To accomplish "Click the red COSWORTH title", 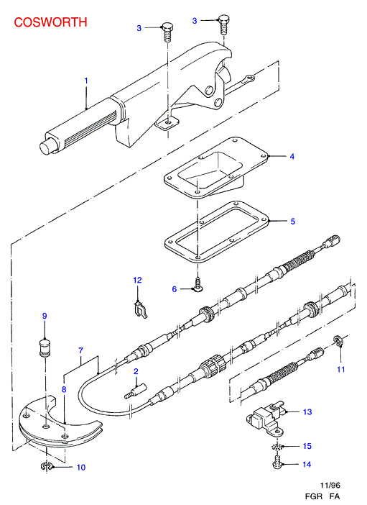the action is (x=50, y=22).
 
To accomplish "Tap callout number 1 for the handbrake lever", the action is (x=86, y=81).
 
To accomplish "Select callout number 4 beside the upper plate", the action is (x=292, y=157).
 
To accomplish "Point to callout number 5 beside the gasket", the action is (x=293, y=222).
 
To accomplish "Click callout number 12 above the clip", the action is (x=137, y=281).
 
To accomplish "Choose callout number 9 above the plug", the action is (x=45, y=316).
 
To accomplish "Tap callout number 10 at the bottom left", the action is (x=81, y=468).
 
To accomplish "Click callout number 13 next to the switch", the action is (x=307, y=412).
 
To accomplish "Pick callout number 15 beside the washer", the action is (x=307, y=446).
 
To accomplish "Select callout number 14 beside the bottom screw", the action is (x=307, y=465).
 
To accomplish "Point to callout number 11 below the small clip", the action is (x=340, y=370).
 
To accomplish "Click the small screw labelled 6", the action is (x=198, y=286).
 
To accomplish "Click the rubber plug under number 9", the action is (x=45, y=347).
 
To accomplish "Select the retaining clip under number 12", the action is (x=140, y=309).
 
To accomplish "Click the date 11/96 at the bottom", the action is (x=330, y=485).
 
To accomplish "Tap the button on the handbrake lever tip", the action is (x=47, y=147).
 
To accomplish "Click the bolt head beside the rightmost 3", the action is (x=223, y=19).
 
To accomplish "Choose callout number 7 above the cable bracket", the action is (x=80, y=350).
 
